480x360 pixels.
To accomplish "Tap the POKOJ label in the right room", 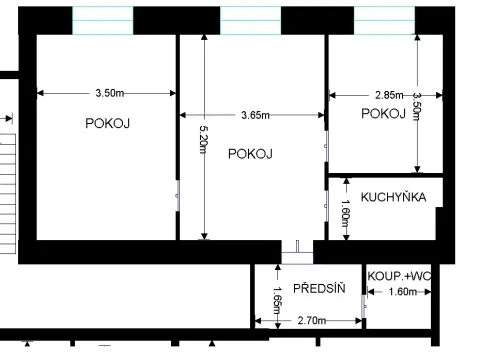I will [x=383, y=114].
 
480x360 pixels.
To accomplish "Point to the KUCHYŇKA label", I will [x=393, y=197].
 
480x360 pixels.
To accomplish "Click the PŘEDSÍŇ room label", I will [x=319, y=288].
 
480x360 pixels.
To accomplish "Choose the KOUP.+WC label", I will [x=398, y=276].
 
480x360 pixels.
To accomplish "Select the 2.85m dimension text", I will [x=389, y=93].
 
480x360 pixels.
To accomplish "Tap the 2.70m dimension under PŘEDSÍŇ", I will [x=314, y=320].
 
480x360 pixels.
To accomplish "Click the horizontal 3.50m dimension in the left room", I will [x=108, y=93].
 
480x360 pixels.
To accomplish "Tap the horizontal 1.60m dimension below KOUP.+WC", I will [x=401, y=293].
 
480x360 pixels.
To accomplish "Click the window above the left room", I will [x=102, y=19].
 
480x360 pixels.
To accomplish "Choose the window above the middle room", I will [x=248, y=19].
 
